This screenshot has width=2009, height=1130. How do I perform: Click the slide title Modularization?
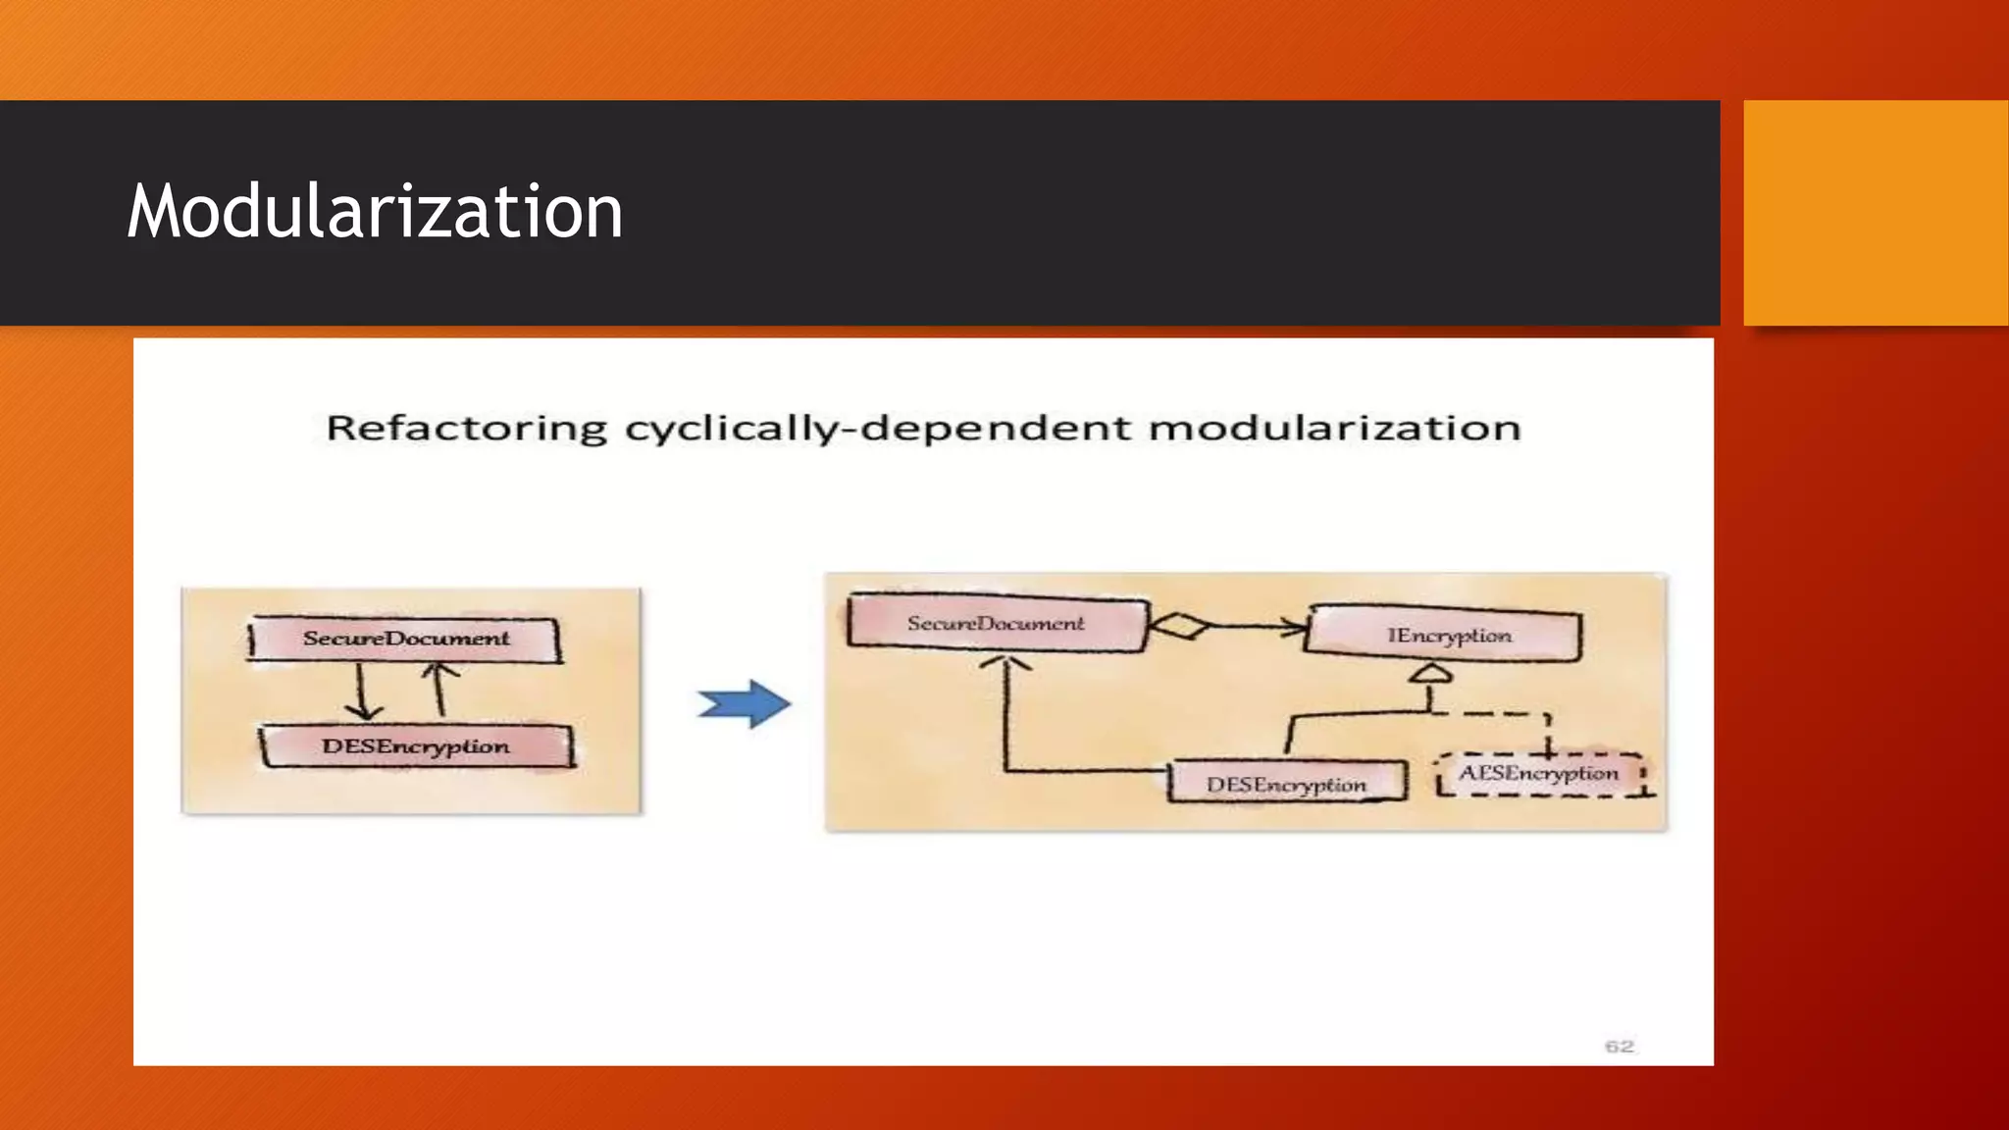375,212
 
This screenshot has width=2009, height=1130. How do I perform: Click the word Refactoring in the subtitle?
467,429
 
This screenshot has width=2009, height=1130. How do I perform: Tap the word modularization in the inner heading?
1334,429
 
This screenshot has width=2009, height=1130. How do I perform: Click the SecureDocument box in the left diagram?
405,639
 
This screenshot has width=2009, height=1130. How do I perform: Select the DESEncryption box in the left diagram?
416,746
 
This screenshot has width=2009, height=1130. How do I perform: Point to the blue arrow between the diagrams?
745,703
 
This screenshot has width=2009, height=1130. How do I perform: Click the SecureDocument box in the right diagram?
996,624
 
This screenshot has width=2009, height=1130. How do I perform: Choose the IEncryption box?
1448,636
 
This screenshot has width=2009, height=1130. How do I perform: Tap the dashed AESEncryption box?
1538,774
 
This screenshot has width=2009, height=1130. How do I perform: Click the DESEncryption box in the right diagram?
1286,785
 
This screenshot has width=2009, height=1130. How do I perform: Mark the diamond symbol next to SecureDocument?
1179,625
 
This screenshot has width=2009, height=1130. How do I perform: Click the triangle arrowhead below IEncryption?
1430,673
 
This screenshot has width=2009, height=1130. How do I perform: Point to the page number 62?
1619,1047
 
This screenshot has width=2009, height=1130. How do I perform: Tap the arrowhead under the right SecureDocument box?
1005,665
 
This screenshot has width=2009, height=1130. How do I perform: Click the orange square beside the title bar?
1875,212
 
